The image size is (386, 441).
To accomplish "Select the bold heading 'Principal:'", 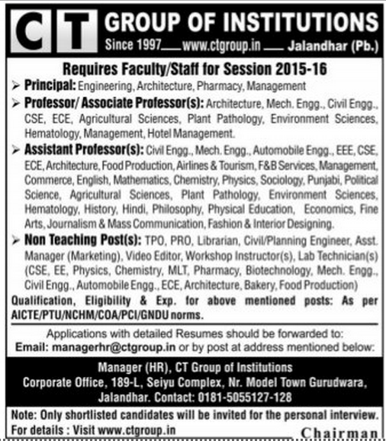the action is (x=43, y=86).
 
